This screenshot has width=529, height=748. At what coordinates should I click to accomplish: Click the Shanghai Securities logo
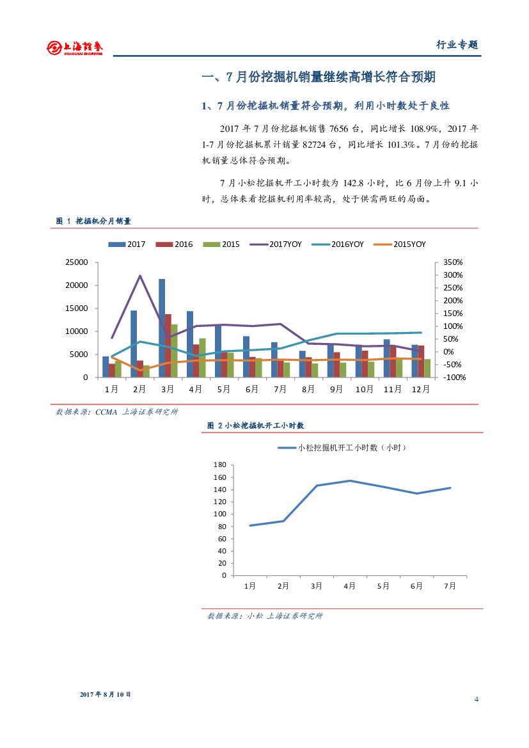74,47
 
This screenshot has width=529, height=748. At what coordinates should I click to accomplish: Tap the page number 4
477,698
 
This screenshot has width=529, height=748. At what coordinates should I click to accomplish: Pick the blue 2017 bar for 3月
162,328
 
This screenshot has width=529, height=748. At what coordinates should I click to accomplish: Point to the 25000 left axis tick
77,262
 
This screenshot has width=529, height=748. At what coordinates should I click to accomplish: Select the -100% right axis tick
453,378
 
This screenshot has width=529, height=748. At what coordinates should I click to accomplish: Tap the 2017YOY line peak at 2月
140,276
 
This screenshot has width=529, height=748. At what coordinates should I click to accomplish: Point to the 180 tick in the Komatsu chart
221,465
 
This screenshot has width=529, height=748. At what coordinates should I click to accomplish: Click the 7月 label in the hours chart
450,586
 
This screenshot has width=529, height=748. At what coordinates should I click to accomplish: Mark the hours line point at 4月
350,481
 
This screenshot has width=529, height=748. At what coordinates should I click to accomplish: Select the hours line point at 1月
250,525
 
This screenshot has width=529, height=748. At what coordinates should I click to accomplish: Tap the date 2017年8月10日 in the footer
106,694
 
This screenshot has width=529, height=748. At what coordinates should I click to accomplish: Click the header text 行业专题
457,45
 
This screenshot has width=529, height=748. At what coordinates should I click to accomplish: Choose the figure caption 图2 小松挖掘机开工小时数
256,425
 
